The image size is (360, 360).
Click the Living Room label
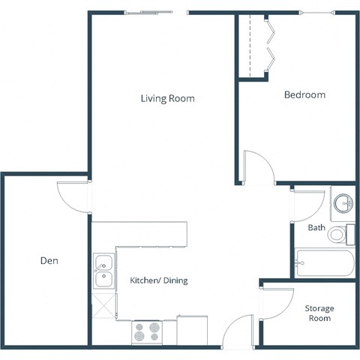[x=167, y=98]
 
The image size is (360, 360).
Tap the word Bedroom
[x=304, y=95]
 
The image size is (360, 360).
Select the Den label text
[x=49, y=261]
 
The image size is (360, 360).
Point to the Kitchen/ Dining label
[x=158, y=280]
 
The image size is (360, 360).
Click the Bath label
[x=316, y=227]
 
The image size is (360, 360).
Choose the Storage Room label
[x=319, y=313]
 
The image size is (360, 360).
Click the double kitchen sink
[x=103, y=272]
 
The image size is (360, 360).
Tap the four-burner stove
[x=146, y=331]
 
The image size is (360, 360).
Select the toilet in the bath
[x=339, y=235]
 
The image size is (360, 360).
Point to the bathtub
[x=324, y=263]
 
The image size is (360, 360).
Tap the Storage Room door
[x=274, y=301]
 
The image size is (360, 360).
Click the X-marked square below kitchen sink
[x=103, y=306]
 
